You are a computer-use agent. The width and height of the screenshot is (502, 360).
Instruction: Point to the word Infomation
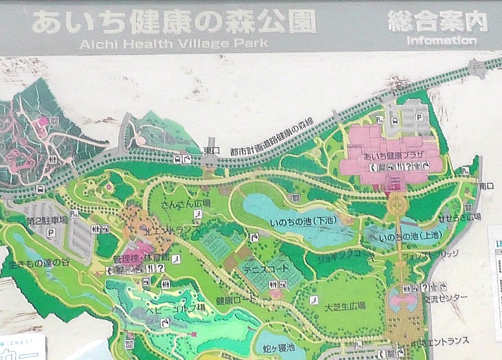tap(442, 40)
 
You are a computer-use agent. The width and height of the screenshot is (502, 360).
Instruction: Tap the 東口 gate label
tap(211, 149)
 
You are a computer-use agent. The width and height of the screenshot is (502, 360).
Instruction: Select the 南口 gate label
tap(486, 186)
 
